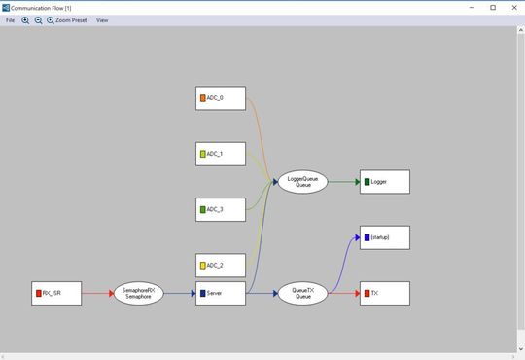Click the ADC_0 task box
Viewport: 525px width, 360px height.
[x=221, y=98]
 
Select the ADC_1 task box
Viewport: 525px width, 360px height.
[x=221, y=154]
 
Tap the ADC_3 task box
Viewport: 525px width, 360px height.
[x=221, y=209]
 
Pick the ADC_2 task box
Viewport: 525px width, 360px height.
[x=221, y=265]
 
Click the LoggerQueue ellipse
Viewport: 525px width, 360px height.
[x=303, y=182]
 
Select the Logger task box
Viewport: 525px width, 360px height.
[x=385, y=182]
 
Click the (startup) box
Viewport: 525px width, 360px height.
[x=385, y=237]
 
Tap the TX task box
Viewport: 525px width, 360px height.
[x=385, y=293]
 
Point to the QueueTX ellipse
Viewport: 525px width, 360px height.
[x=303, y=293]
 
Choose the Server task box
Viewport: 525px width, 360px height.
[x=221, y=293]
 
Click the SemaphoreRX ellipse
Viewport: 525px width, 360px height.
[x=138, y=293]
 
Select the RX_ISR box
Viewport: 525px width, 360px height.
[x=56, y=293]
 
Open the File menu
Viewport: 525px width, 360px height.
[x=11, y=20]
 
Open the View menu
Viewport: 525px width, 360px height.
[x=102, y=20]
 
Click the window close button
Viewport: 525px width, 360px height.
[x=513, y=7]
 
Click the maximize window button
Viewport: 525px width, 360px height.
[x=492, y=7]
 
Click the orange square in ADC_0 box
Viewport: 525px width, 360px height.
[x=203, y=98]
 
